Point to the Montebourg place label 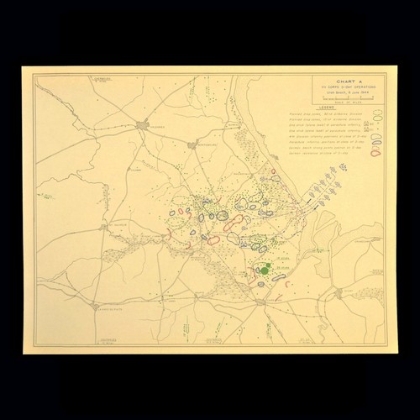tap(204, 144)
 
